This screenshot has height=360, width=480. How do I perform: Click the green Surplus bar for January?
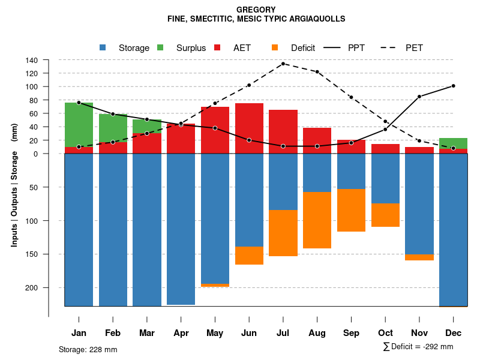[x=79, y=125]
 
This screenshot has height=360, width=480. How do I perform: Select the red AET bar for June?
[x=249, y=128]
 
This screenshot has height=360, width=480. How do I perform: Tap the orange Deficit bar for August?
[x=317, y=220]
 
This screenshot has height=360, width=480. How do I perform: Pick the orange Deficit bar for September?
[x=351, y=210]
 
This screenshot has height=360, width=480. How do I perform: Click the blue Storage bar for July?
[x=283, y=182]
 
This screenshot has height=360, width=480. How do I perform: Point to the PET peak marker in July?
[x=283, y=64]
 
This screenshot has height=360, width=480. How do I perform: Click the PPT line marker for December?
[x=453, y=86]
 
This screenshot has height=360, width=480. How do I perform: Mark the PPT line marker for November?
[x=419, y=97]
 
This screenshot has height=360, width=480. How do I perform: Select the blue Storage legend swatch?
[x=103, y=47]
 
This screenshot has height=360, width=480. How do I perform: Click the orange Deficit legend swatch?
[x=275, y=47]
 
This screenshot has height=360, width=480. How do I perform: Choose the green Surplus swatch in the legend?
[x=160, y=47]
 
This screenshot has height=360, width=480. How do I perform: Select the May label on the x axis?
[x=215, y=332]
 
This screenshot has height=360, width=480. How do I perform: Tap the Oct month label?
[x=385, y=332]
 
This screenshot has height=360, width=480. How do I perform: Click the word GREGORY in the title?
[x=256, y=10]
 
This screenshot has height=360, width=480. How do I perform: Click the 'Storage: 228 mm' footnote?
[x=88, y=349]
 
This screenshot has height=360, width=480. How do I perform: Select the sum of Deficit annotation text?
[x=418, y=346]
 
